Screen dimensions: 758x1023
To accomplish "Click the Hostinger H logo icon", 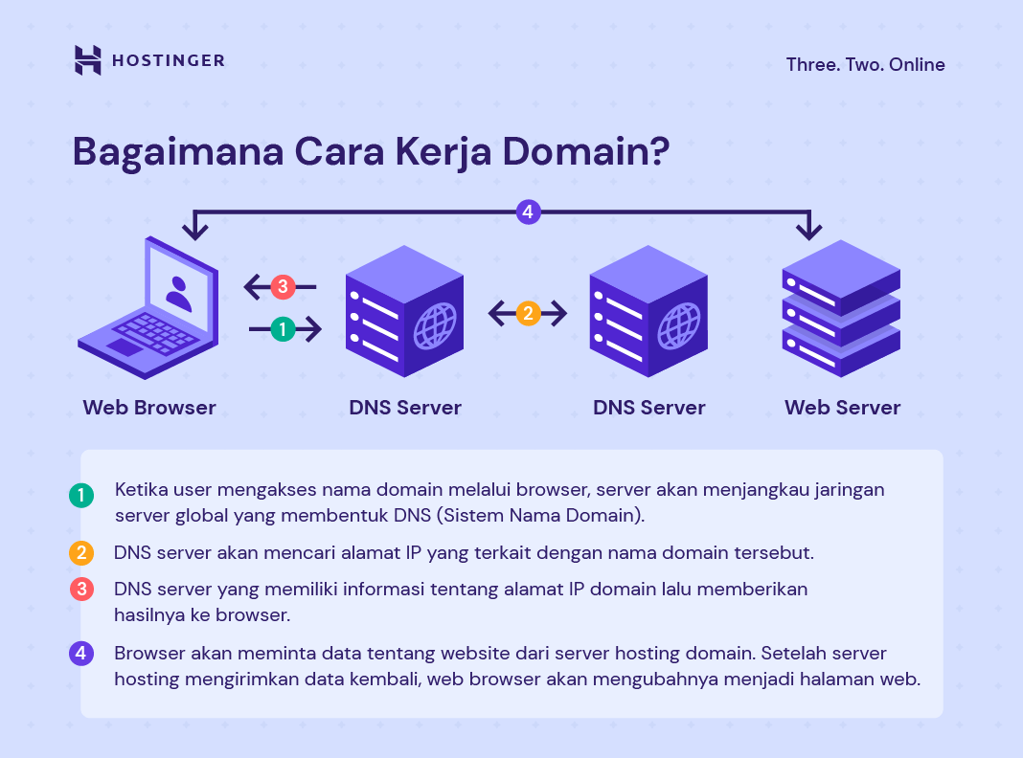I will coord(87,60).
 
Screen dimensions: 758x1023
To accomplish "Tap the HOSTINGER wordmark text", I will coord(169,61).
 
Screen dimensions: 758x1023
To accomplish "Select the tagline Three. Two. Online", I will coord(865,65).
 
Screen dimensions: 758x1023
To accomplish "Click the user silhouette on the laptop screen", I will coord(178,292).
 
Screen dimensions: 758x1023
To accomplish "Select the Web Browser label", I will coord(149,408).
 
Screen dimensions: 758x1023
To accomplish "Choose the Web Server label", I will coord(842,408).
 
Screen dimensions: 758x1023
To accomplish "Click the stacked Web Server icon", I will coord(841,308).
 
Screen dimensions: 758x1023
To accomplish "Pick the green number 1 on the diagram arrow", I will coord(283,329).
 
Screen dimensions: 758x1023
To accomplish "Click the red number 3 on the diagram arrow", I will coord(282,286).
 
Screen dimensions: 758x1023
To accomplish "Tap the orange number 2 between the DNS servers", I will coord(528,313).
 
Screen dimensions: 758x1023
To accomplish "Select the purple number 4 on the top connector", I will coord(528,212).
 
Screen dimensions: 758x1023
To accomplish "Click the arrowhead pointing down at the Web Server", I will coord(810,231).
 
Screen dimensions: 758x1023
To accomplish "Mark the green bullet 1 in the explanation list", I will coord(81,496).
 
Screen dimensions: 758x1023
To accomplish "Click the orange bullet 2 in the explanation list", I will coord(81,553).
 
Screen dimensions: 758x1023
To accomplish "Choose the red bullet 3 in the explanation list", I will coord(81,590).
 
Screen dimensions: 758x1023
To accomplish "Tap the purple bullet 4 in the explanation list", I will coord(81,654).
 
